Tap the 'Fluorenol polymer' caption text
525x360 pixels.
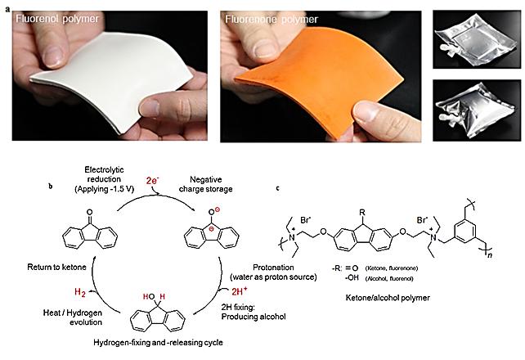click(52, 17)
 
